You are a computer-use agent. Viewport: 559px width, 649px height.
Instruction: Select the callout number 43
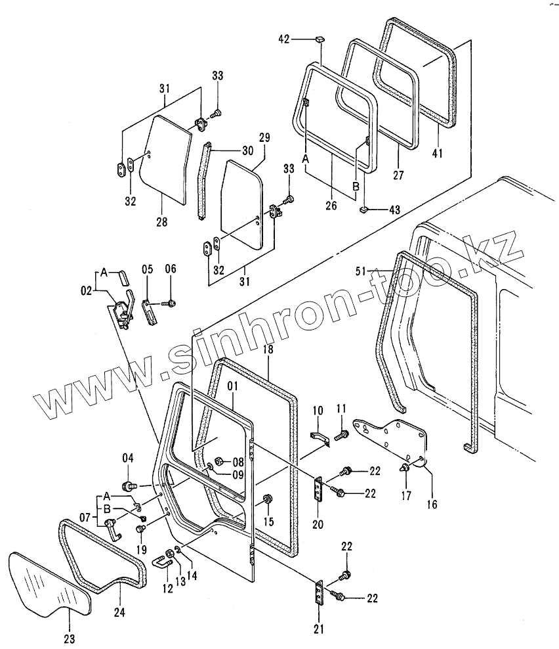[x=394, y=210]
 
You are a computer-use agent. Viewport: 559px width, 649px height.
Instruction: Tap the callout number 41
[x=438, y=154]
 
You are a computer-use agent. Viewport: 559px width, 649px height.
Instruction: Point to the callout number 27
[x=398, y=175]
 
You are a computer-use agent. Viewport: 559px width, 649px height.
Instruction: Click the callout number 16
[x=431, y=504]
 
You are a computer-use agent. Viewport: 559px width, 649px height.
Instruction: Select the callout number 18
[x=268, y=350]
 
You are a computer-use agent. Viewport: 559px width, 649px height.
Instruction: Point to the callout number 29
[x=264, y=137]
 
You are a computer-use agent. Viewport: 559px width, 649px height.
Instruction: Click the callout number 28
[x=161, y=222]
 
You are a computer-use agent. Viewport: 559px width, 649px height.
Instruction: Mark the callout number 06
[x=171, y=269]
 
